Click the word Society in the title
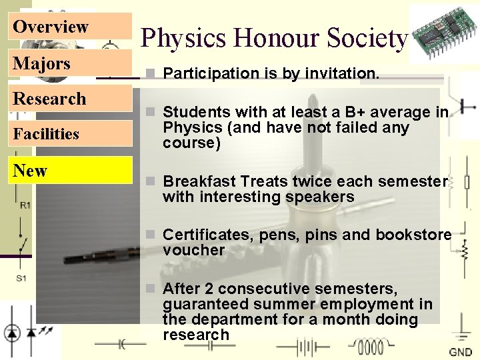pyautogui.click(x=367, y=39)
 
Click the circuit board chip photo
pyautogui.click(x=443, y=32)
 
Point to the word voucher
pyautogui.click(x=194, y=250)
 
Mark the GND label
pyautogui.click(x=461, y=352)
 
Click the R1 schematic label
pyautogui.click(x=24, y=205)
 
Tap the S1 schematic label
pyautogui.click(x=22, y=278)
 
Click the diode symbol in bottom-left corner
pyautogui.click(x=12, y=331)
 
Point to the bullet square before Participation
pyautogui.click(x=153, y=73)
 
